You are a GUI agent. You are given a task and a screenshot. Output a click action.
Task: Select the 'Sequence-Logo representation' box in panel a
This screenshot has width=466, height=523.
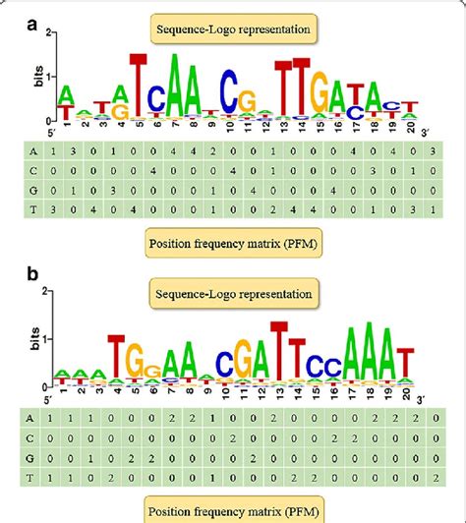click(x=231, y=29)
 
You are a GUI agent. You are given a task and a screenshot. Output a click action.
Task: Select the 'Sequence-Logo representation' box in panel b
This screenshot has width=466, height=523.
click(x=231, y=293)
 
